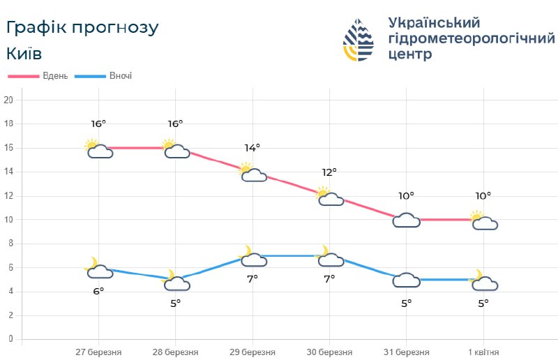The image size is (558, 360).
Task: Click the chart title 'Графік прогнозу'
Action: click(82, 27)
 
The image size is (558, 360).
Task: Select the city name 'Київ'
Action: click(24, 54)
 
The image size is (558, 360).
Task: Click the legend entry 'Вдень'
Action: click(53, 76)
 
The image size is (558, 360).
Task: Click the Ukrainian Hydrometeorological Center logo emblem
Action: click(359, 40)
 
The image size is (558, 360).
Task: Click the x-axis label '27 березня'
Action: click(98, 352)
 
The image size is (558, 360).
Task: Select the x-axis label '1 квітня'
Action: click(483, 352)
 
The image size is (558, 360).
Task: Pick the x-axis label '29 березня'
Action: click(252, 352)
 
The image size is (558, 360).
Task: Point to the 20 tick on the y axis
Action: click(8, 100)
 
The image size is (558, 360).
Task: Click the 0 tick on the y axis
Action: click(10, 339)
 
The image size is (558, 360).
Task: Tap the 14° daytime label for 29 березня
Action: click(252, 148)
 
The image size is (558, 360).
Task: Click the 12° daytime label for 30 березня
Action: click(329, 172)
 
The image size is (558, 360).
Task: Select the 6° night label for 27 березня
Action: click(98, 291)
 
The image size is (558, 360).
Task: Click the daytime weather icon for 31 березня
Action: click(407, 220)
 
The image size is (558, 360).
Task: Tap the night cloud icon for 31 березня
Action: click(407, 280)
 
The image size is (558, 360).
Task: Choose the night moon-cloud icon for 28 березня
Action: click(175, 281)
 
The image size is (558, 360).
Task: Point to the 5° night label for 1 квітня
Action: click(483, 303)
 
